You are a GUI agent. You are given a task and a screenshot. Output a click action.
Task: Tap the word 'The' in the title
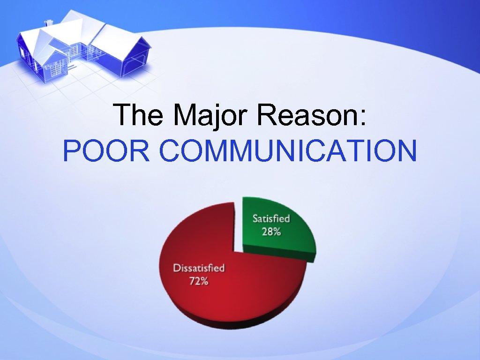pyautogui.click(x=139, y=115)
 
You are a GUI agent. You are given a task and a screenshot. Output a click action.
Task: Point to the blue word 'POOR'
pyautogui.click(x=106, y=151)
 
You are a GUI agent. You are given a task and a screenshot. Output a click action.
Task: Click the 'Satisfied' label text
pyautogui.click(x=271, y=219)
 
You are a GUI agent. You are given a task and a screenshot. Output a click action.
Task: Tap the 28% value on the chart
pyautogui.click(x=271, y=232)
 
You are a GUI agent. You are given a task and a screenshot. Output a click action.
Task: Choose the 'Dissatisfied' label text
pyautogui.click(x=199, y=269)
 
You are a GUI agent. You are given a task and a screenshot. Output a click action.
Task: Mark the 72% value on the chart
pyautogui.click(x=199, y=282)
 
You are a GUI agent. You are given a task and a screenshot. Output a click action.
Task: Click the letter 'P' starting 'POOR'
pyautogui.click(x=71, y=151)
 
